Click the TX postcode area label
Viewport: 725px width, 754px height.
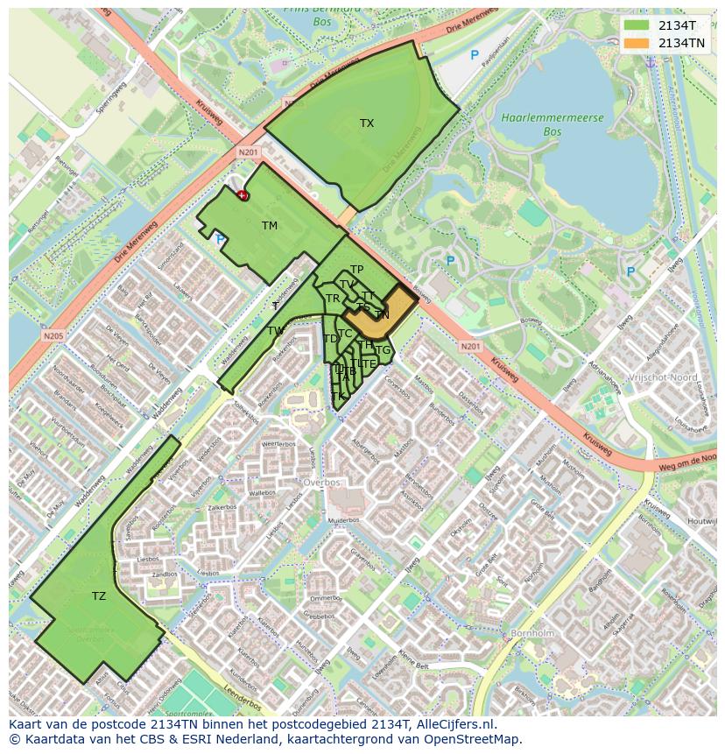(x=366, y=123)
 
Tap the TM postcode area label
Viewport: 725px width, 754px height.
(x=269, y=226)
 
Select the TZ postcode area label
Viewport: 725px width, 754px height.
(x=99, y=596)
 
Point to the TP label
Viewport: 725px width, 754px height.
(x=356, y=270)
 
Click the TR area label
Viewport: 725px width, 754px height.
(x=333, y=299)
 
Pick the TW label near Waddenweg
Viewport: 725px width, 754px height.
(x=275, y=331)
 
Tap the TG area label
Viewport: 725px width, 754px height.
(x=383, y=350)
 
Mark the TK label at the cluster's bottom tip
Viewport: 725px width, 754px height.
(x=338, y=396)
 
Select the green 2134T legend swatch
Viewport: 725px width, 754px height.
(x=637, y=26)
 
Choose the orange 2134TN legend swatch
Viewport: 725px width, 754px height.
(x=637, y=43)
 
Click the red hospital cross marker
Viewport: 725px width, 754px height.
(x=243, y=195)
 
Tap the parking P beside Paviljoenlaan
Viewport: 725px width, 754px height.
(x=475, y=55)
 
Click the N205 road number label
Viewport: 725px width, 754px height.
(x=53, y=334)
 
